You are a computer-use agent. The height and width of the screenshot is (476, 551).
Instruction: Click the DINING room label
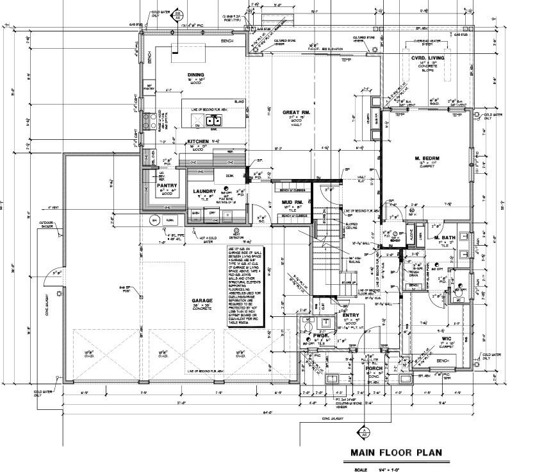tap(196, 74)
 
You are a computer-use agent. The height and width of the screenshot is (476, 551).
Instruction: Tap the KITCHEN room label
tap(198, 140)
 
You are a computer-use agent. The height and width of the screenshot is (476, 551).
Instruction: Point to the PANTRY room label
tap(166, 185)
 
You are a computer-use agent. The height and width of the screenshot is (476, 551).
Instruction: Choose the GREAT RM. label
tap(296, 113)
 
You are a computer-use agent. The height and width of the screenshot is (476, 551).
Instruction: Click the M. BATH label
tap(444, 238)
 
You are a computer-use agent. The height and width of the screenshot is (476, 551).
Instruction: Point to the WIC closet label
tap(447, 338)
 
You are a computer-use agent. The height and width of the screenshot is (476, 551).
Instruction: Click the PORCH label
tap(374, 368)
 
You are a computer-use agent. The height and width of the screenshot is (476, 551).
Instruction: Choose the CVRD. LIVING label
tap(423, 58)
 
